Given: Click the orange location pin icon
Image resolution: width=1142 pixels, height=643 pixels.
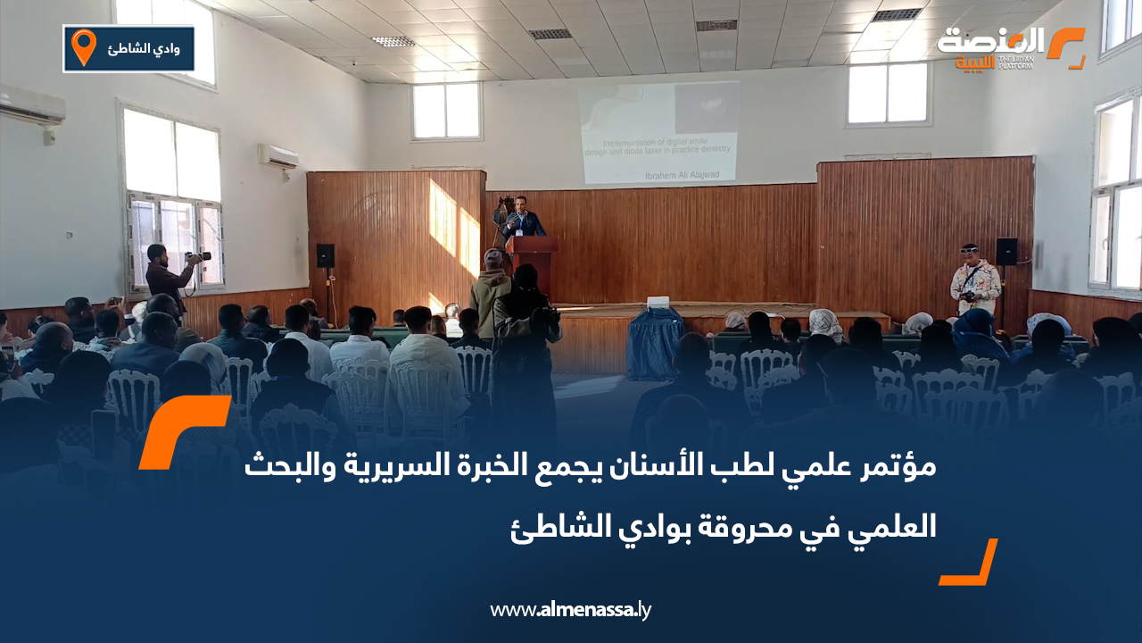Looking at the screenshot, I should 83,47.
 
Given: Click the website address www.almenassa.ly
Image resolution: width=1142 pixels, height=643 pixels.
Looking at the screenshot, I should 571,610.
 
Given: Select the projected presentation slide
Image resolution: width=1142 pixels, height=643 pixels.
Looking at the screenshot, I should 659,132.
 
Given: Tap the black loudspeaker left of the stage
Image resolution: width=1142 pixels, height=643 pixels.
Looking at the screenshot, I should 325,255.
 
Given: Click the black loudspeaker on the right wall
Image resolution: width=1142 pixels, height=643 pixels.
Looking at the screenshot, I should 1006,251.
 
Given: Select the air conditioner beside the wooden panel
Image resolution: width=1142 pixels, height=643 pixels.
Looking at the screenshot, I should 278,156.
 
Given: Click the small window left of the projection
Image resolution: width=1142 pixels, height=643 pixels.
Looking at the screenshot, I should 446,111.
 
